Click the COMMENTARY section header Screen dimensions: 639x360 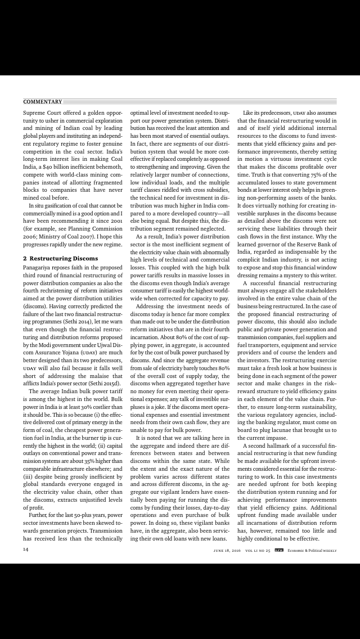coord(42,102)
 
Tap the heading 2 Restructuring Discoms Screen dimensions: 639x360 coord(60,258)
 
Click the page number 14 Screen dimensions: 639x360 coord(26,550)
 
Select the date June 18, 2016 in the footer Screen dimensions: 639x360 coord(223,550)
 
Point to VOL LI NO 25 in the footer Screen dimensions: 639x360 coord(258,550)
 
